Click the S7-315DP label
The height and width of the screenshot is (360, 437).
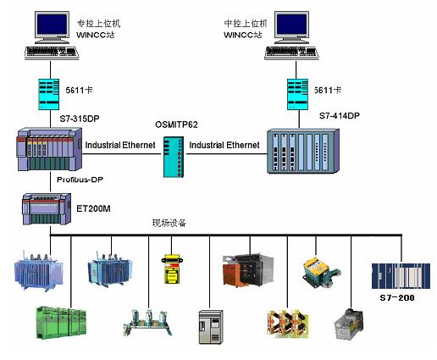tap(80, 119)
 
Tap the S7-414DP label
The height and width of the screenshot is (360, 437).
tap(340, 116)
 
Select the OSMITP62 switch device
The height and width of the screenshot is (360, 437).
tap(174, 157)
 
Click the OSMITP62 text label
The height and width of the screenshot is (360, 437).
tap(176, 125)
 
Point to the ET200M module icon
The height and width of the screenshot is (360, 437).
tap(47, 208)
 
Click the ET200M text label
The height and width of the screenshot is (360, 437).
tap(93, 208)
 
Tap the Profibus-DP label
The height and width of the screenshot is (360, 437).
tap(80, 180)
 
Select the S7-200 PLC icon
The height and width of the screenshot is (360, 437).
tap(401, 276)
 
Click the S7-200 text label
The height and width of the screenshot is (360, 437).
tap(397, 297)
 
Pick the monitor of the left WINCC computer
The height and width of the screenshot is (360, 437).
tap(52, 27)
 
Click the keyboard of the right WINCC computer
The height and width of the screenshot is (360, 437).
tap(291, 53)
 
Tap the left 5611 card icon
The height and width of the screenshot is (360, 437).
tap(49, 94)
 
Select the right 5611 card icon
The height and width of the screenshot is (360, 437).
tap(297, 94)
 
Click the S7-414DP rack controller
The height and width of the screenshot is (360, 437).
tap(303, 151)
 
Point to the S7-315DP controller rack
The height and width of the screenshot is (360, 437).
tap(50, 149)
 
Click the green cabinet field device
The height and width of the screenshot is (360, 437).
tap(61, 323)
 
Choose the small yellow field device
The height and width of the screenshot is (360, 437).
tap(172, 269)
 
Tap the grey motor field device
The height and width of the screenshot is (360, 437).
tap(349, 324)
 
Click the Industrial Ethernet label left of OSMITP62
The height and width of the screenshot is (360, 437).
tap(120, 145)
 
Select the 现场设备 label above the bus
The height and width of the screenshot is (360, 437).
tap(169, 223)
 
